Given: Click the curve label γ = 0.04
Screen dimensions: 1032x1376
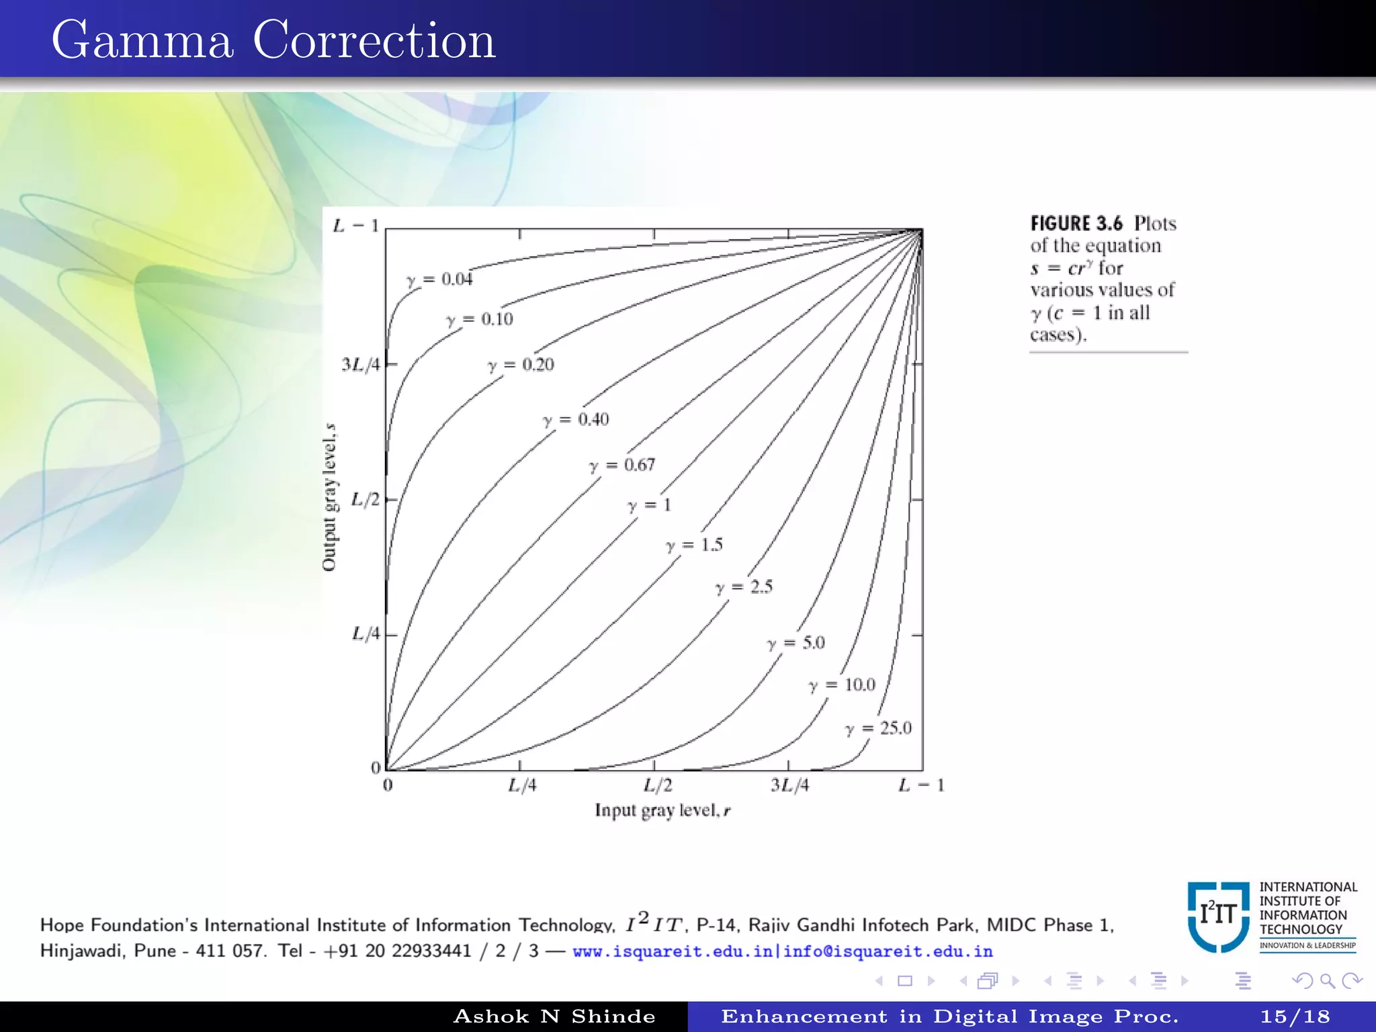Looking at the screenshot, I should (439, 279).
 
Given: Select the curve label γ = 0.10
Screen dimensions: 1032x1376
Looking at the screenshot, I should (480, 319).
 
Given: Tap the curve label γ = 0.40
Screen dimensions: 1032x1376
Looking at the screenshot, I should (576, 420).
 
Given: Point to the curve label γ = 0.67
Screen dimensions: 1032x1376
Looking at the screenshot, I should (621, 465).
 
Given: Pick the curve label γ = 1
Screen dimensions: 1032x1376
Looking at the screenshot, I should (649, 505).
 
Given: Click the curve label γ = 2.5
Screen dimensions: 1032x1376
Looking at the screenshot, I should (744, 587).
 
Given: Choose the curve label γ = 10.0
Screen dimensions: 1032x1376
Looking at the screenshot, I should (842, 685).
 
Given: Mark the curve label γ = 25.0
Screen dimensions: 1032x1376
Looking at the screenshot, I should (878, 728).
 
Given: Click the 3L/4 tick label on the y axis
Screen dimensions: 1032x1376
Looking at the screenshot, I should (361, 365).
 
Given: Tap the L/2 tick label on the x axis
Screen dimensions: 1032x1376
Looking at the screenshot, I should (658, 785).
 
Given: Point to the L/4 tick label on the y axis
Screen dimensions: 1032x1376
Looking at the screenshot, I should (365, 634).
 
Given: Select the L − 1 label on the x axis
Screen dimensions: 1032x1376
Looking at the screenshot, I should (921, 785).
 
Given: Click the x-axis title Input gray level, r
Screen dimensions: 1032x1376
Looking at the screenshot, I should (662, 810).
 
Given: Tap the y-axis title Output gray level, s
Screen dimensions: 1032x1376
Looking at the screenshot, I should (329, 497).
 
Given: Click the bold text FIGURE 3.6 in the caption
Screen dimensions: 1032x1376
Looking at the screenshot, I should (1076, 224).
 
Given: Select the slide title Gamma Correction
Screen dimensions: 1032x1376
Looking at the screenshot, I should (273, 40).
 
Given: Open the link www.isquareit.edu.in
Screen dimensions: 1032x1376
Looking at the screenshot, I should (673, 951).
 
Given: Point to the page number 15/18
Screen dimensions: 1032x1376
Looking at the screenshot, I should (1295, 1017).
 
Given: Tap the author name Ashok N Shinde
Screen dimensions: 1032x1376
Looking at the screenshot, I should (554, 1017).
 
